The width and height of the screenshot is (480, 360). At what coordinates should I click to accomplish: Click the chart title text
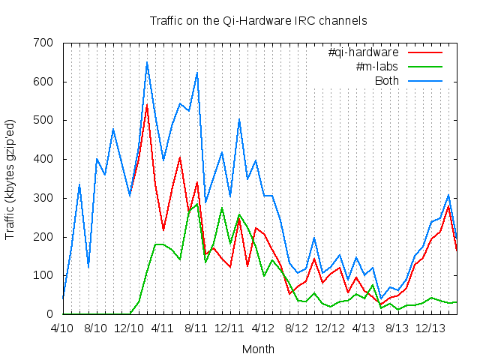coord(258,21)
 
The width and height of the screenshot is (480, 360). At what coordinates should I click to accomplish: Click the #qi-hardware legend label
coord(363,52)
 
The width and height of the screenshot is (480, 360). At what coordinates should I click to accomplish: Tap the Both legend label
coord(388,81)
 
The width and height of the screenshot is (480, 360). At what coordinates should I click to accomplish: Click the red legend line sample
coord(425,52)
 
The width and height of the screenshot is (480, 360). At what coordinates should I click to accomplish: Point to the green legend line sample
coord(425,67)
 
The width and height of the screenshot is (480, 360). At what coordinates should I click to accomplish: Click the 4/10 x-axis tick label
coord(62,328)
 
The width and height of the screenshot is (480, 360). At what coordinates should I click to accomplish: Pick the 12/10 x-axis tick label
coord(129,328)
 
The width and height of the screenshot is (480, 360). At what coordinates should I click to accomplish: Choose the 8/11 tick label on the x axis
coord(196,328)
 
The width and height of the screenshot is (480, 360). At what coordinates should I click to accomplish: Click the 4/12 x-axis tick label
coord(262,328)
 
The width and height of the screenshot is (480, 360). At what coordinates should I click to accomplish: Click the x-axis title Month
coord(258,349)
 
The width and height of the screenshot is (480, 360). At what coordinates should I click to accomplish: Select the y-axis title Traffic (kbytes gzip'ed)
coord(10,178)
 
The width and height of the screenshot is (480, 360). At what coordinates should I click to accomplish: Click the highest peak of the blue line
coord(146,62)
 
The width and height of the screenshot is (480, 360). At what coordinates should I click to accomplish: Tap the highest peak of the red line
coord(146,105)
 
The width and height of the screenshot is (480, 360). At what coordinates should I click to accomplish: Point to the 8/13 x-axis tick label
coord(397,328)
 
